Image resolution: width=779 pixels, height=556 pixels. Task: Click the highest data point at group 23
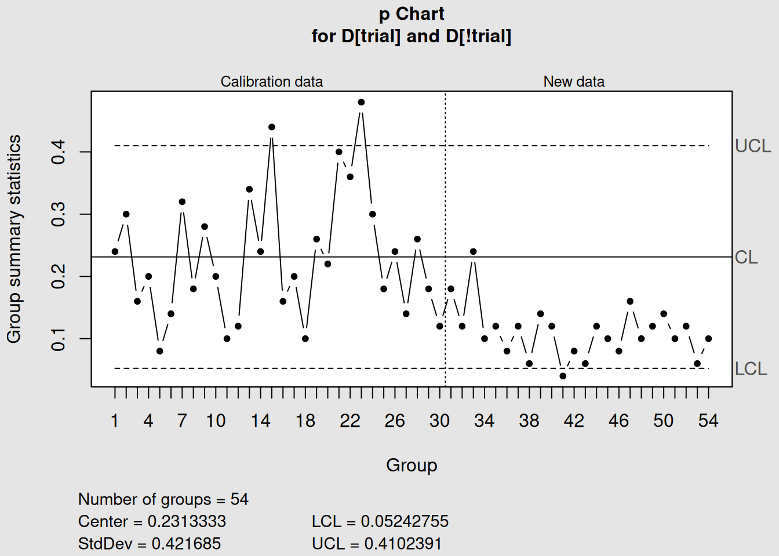click(x=361, y=102)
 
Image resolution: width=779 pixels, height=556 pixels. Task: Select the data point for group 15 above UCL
click(x=272, y=127)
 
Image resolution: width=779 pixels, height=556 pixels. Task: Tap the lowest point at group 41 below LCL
click(x=563, y=376)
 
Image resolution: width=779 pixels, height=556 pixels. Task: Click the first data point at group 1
click(x=115, y=251)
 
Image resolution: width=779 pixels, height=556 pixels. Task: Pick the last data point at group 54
click(x=708, y=338)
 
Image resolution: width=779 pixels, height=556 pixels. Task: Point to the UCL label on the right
click(x=752, y=146)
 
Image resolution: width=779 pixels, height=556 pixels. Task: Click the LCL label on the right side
click(x=751, y=368)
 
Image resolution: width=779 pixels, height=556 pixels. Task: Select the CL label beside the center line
click(x=746, y=257)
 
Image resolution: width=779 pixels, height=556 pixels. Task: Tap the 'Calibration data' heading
click(x=271, y=82)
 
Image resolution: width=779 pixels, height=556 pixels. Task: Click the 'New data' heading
click(x=574, y=82)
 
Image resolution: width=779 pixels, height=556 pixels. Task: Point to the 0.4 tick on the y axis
click(x=59, y=152)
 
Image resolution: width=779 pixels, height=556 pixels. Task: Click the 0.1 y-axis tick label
click(x=59, y=338)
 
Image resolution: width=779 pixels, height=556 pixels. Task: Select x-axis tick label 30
click(x=439, y=420)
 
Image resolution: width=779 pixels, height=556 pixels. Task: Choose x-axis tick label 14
click(x=260, y=420)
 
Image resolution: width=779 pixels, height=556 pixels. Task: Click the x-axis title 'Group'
click(x=412, y=465)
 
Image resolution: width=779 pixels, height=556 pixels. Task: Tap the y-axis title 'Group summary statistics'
click(x=14, y=239)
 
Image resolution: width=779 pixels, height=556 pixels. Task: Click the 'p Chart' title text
click(x=412, y=14)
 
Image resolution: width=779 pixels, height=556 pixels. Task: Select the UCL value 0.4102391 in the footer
click(x=403, y=543)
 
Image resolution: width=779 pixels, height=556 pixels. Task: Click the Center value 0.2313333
click(x=187, y=521)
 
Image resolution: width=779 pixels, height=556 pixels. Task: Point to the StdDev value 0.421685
click(x=186, y=543)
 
